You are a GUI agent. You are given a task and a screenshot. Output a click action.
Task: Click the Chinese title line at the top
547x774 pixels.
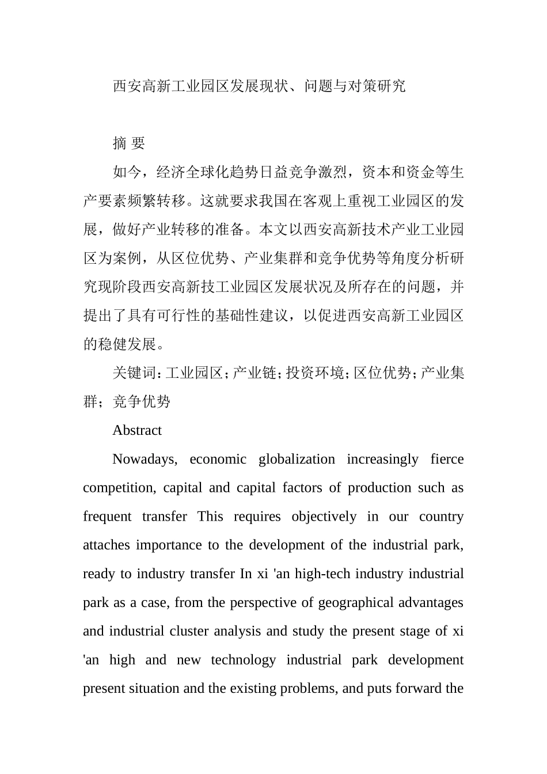point(259,86)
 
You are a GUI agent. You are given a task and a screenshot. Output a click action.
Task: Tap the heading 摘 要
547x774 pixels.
point(128,143)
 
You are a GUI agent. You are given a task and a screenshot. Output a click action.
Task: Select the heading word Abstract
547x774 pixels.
point(137,430)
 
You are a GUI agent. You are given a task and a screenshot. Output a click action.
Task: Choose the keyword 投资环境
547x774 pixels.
point(315,373)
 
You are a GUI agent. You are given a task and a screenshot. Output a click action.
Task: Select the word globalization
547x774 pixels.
point(297,459)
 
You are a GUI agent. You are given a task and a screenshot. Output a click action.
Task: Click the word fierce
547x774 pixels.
point(447,459)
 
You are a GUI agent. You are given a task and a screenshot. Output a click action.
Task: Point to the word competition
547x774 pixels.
point(119,488)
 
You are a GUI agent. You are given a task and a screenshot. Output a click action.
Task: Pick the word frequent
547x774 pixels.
point(107,517)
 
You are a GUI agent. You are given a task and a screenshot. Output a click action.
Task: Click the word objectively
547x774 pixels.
point(324,517)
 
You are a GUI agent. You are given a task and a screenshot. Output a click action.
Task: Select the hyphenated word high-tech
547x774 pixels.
point(322,574)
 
